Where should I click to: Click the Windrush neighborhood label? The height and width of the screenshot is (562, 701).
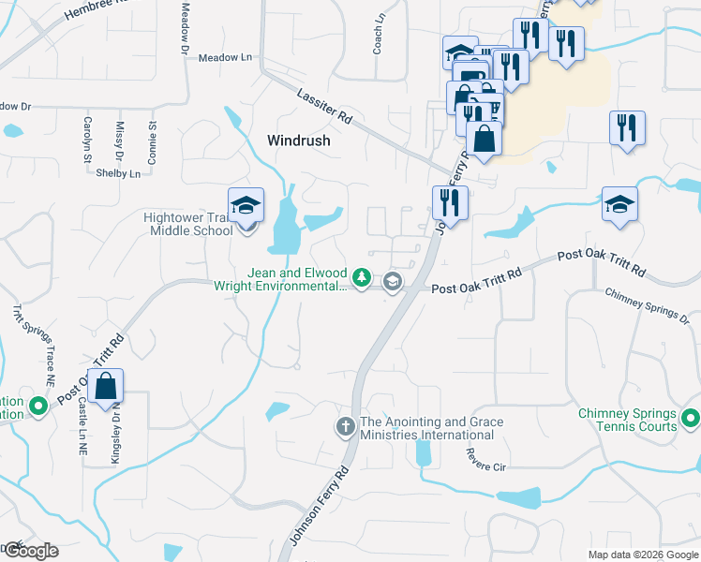[299, 140]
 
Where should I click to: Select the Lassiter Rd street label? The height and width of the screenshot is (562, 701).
[322, 105]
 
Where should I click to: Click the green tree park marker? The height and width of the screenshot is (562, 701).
[361, 278]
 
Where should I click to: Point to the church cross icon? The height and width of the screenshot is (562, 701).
[345, 427]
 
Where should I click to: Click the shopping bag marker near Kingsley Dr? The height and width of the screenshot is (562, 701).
[107, 387]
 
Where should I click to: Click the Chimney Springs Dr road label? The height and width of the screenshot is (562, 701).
[647, 306]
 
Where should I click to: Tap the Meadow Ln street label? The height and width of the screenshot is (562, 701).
[226, 57]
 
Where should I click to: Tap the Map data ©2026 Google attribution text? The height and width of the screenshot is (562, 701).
[642, 555]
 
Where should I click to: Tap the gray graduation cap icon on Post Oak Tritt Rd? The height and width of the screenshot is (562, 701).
[393, 281]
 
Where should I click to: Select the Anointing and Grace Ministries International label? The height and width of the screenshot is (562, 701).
[426, 428]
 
